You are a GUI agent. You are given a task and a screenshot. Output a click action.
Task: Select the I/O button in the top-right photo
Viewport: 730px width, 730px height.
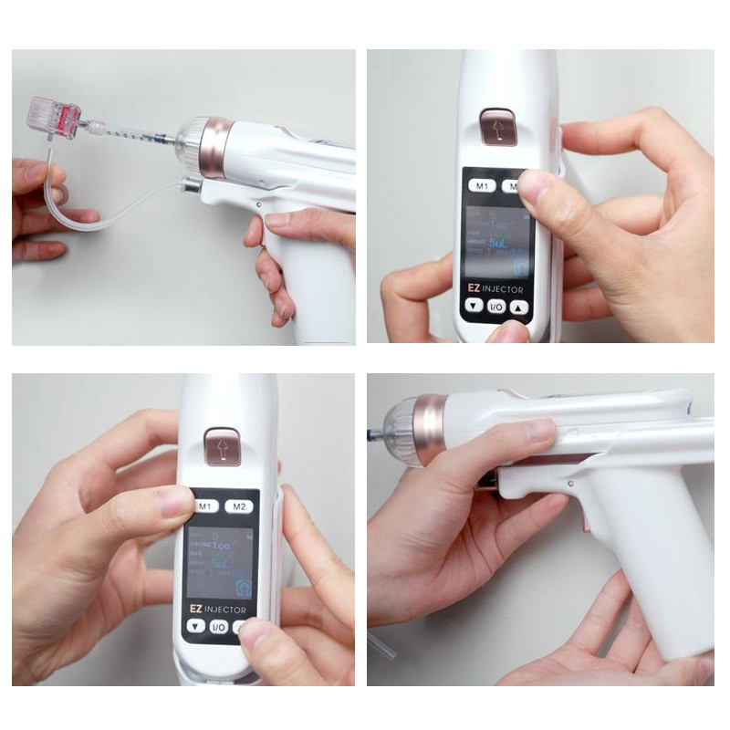496,307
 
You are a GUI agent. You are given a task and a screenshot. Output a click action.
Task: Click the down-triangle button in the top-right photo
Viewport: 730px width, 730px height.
473,307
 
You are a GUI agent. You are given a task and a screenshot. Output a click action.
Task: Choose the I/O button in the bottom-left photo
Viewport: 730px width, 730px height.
219,627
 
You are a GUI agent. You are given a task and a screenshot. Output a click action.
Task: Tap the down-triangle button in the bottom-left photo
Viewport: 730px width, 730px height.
195,627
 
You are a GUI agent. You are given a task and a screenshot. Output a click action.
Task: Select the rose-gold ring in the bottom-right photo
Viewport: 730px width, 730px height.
427,429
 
